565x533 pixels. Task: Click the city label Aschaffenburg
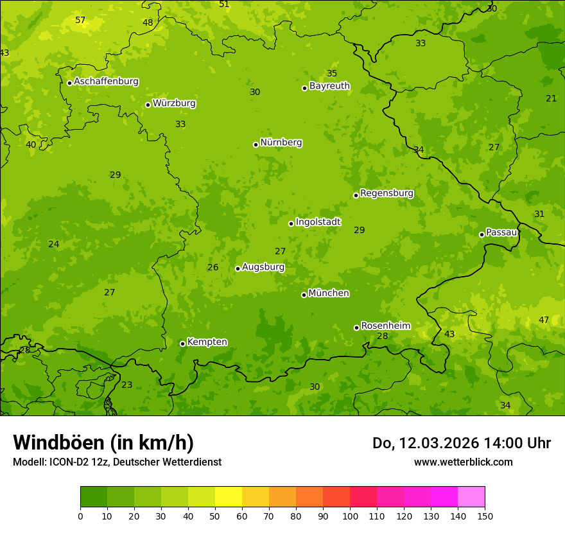[106, 82]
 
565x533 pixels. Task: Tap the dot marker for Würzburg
[148, 105]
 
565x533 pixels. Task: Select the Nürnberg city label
[281, 143]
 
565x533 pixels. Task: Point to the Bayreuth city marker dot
[304, 88]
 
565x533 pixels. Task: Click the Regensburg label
[387, 193]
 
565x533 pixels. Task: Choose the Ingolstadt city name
[318, 222]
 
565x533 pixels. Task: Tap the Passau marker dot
[482, 234]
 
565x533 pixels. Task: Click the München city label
[329, 293]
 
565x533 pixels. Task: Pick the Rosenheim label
[385, 326]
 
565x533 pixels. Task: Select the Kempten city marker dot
[182, 344]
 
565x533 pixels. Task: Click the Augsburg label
[263, 267]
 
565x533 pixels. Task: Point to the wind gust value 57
[80, 21]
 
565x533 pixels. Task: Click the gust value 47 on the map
[544, 320]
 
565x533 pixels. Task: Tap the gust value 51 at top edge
[224, 4]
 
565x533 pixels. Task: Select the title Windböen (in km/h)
[103, 442]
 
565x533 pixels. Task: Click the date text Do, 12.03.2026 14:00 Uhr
[461, 443]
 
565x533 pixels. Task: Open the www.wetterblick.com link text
[463, 462]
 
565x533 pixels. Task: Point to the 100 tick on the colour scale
[350, 516]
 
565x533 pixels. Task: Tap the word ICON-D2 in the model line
[67, 462]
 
